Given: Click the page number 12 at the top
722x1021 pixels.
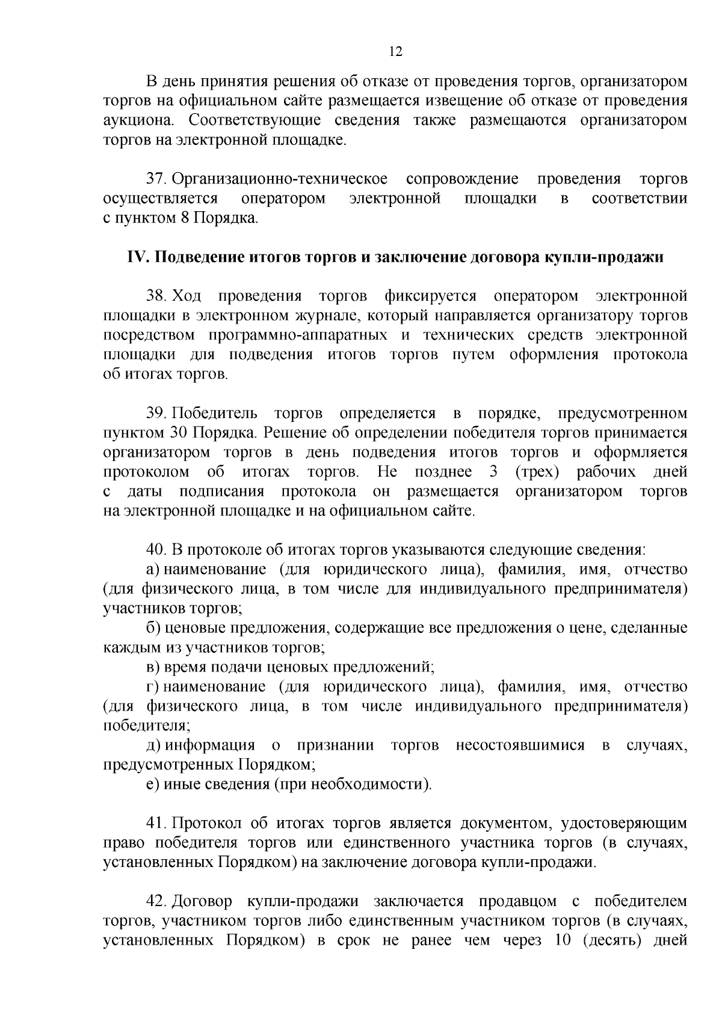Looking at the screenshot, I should point(395,52).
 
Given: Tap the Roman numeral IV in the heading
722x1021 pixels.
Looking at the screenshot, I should point(137,258).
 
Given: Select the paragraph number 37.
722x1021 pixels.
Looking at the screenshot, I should point(156,179).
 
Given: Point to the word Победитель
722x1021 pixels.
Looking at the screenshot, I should point(214,414).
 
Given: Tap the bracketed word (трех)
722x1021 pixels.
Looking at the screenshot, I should point(538,472).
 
